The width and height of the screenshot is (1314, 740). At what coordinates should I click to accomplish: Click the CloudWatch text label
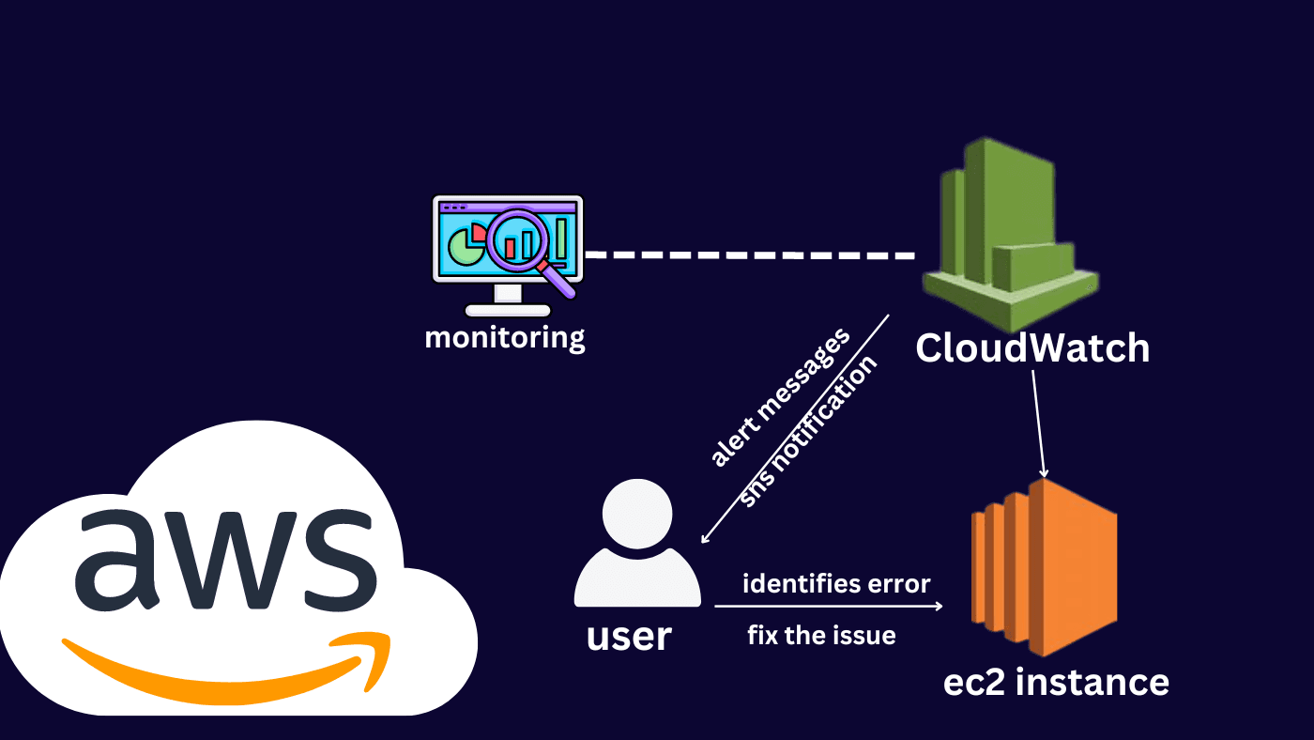(1032, 348)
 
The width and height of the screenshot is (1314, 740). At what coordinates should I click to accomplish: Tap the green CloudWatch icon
(1010, 235)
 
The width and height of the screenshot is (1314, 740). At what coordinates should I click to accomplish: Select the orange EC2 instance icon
(1044, 567)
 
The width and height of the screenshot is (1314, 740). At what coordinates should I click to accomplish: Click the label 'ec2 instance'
(1056, 681)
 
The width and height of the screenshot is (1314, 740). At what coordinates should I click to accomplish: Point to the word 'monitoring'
(505, 337)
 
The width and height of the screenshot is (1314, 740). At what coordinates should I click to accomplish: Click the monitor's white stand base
(507, 309)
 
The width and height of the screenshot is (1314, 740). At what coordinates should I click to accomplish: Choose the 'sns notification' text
(808, 431)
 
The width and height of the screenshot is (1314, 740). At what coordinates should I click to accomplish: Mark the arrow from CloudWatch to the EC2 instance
(1039, 424)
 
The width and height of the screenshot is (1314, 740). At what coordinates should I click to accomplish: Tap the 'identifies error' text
(836, 584)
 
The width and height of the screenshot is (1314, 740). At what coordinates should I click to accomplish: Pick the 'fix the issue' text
(821, 636)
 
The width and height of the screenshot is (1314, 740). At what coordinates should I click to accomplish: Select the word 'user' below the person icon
(629, 637)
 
